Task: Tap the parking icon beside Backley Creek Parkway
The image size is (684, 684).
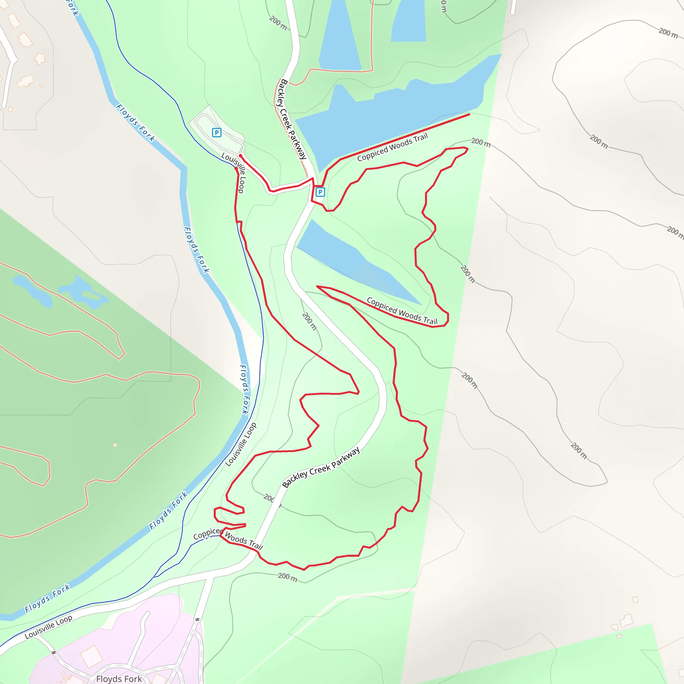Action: (320, 192)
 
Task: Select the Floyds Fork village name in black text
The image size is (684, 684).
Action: (119, 678)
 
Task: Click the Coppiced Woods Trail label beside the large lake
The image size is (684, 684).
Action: (392, 147)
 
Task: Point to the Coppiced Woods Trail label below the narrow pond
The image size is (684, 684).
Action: (402, 311)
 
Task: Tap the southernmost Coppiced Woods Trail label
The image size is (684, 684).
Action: (228, 538)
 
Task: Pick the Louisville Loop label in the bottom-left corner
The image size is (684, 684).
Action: (48, 627)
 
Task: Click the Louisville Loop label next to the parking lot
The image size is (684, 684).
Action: (234, 172)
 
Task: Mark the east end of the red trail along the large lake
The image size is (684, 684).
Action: (469, 114)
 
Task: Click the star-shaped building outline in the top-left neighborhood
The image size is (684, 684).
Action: (40, 58)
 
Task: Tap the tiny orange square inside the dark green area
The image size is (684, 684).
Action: (115, 445)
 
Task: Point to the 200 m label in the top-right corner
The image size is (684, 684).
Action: (668, 33)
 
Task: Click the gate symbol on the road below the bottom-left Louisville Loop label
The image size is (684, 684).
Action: (54, 652)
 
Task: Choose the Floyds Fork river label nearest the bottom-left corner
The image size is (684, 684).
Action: (47, 598)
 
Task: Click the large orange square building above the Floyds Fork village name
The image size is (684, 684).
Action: (91, 656)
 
